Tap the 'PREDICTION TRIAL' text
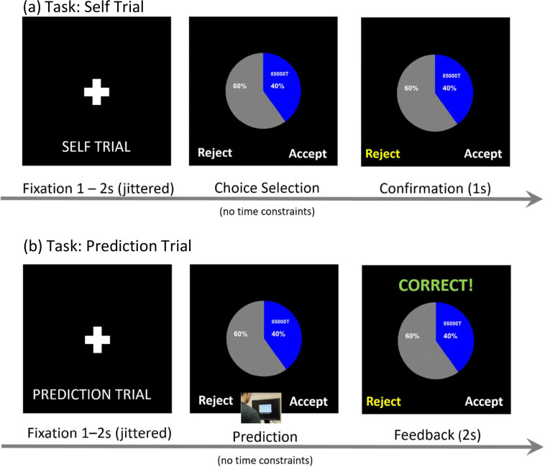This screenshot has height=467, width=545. tap(91, 394)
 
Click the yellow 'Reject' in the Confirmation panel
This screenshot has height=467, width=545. tap(383, 153)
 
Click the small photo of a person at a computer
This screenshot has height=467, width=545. tap(260, 410)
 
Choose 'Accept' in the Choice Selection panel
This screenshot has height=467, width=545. tap(307, 153)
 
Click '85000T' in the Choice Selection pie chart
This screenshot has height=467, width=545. tap(279, 73)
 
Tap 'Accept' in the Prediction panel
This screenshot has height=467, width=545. tap(307, 402)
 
